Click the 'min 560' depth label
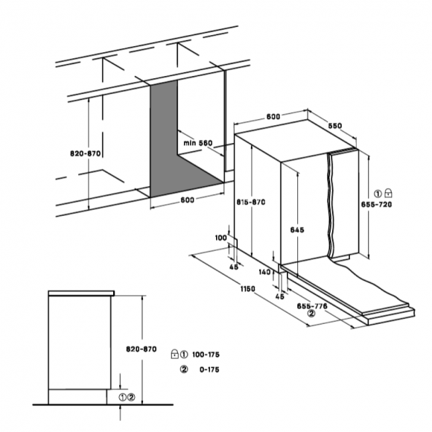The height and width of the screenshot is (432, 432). [x=198, y=143]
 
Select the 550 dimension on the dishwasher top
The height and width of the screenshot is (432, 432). [x=335, y=126]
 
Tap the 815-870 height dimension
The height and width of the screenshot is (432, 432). [x=251, y=202]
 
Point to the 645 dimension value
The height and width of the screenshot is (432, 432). [x=297, y=229]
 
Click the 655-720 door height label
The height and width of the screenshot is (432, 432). [x=376, y=204]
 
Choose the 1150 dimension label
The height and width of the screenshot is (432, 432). [x=248, y=289]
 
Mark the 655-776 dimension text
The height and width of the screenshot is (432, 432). [x=312, y=306]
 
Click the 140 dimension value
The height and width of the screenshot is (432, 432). [x=264, y=272]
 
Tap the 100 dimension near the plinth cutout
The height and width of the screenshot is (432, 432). [x=220, y=238]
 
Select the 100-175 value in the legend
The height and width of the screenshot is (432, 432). [x=206, y=355]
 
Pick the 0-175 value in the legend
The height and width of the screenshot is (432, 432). [x=209, y=369]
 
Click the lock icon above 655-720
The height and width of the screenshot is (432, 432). [x=388, y=193]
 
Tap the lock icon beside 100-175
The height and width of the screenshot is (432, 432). [x=175, y=354]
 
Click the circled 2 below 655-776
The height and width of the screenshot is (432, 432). [x=311, y=314]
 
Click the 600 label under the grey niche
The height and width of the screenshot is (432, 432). [x=188, y=200]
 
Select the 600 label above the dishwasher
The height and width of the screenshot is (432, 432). [x=273, y=116]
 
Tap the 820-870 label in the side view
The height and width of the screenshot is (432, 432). [x=142, y=349]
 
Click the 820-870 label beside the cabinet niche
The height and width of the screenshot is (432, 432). [x=86, y=153]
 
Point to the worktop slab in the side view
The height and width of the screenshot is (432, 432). [x=81, y=293]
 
